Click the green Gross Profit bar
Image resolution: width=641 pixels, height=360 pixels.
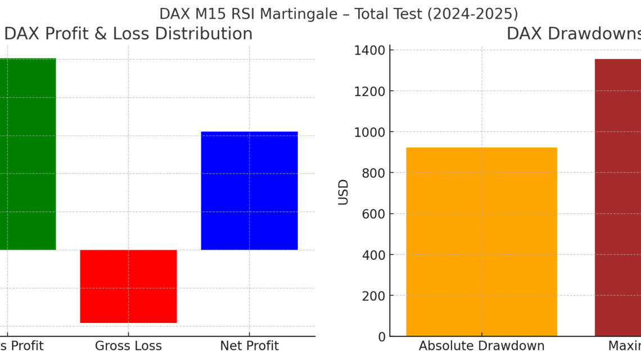click(x=28, y=154)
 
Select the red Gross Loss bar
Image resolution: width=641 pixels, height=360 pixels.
click(x=128, y=286)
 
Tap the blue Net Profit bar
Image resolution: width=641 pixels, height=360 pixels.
click(x=249, y=191)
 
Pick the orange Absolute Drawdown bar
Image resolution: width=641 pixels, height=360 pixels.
click(x=481, y=242)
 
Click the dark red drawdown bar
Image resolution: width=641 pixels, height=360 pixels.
click(x=617, y=197)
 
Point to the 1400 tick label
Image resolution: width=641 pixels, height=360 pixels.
click(x=370, y=51)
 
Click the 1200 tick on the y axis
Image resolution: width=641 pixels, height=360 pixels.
click(x=370, y=91)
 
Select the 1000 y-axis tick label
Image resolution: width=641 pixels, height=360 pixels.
click(x=370, y=132)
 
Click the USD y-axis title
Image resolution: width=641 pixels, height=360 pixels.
click(x=344, y=192)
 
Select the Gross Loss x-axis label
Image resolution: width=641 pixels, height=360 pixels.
click(x=128, y=346)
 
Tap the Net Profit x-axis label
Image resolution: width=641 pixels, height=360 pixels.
click(x=249, y=346)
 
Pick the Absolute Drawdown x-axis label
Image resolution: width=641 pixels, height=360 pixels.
click(x=481, y=346)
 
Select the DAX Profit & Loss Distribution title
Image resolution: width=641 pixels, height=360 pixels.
click(x=128, y=34)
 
